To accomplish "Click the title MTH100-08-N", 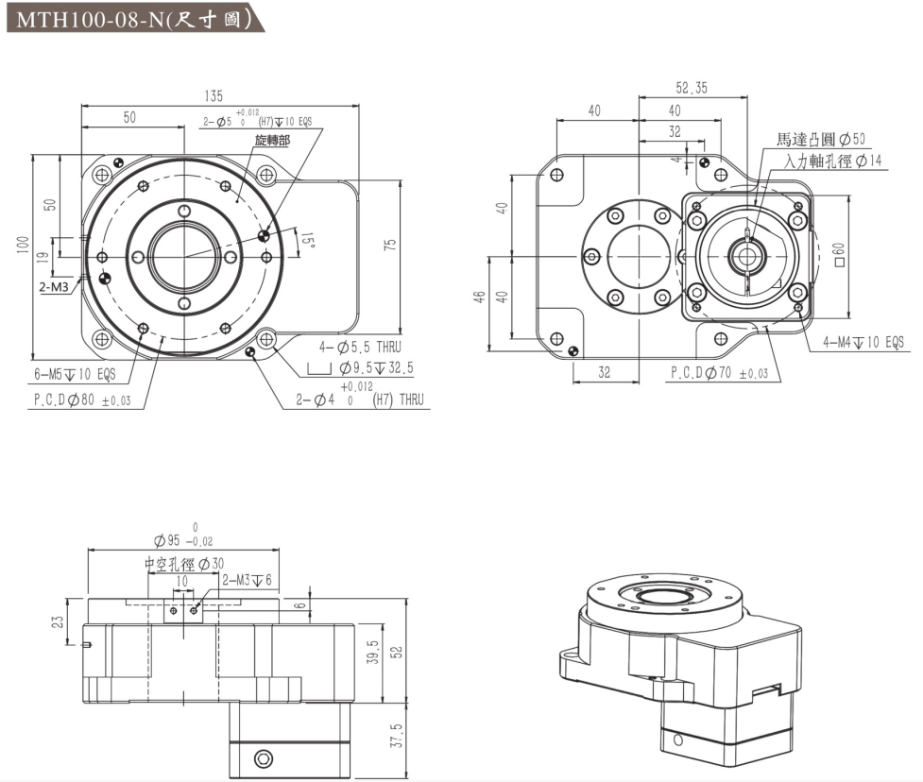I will (x=132, y=19).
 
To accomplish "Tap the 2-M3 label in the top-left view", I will (x=53, y=288).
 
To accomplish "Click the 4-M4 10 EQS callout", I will (x=863, y=342).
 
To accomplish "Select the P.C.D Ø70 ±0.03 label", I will (x=719, y=374).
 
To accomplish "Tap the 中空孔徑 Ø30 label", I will (x=184, y=564).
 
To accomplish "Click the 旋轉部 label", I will (x=272, y=140).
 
